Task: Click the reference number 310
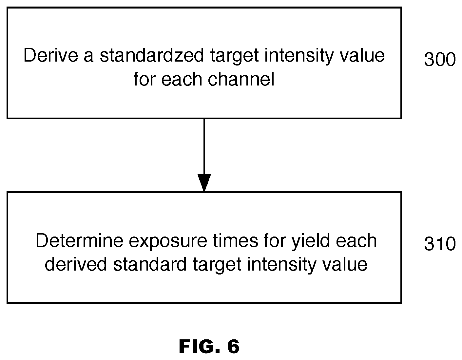pyautogui.click(x=440, y=244)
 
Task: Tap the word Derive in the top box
pyautogui.click(x=51, y=55)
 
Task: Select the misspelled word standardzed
pyautogui.click(x=152, y=55)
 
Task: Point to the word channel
pyautogui.click(x=241, y=79)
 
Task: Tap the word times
pyautogui.click(x=236, y=240)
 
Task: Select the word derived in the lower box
pyautogui.click(x=76, y=264)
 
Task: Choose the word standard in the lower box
pyautogui.click(x=150, y=264)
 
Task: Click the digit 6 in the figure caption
pyautogui.click(x=233, y=346)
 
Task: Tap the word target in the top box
pyautogui.click(x=235, y=56)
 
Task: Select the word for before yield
pyautogui.click(x=275, y=240)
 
